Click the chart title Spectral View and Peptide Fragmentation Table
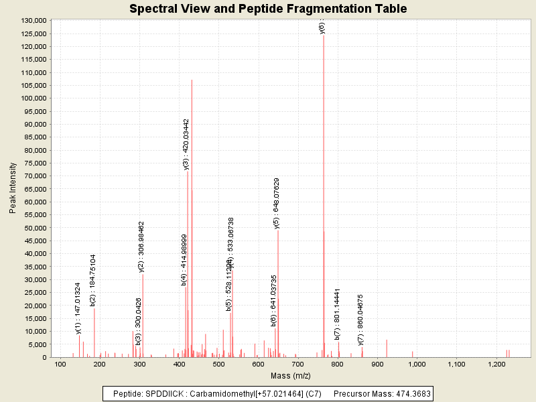pos(268,9)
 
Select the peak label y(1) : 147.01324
pos(78,308)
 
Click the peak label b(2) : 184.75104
pos(93,280)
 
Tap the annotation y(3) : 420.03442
pos(186,144)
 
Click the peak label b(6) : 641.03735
pos(273,300)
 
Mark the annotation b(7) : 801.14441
pos(337,314)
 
